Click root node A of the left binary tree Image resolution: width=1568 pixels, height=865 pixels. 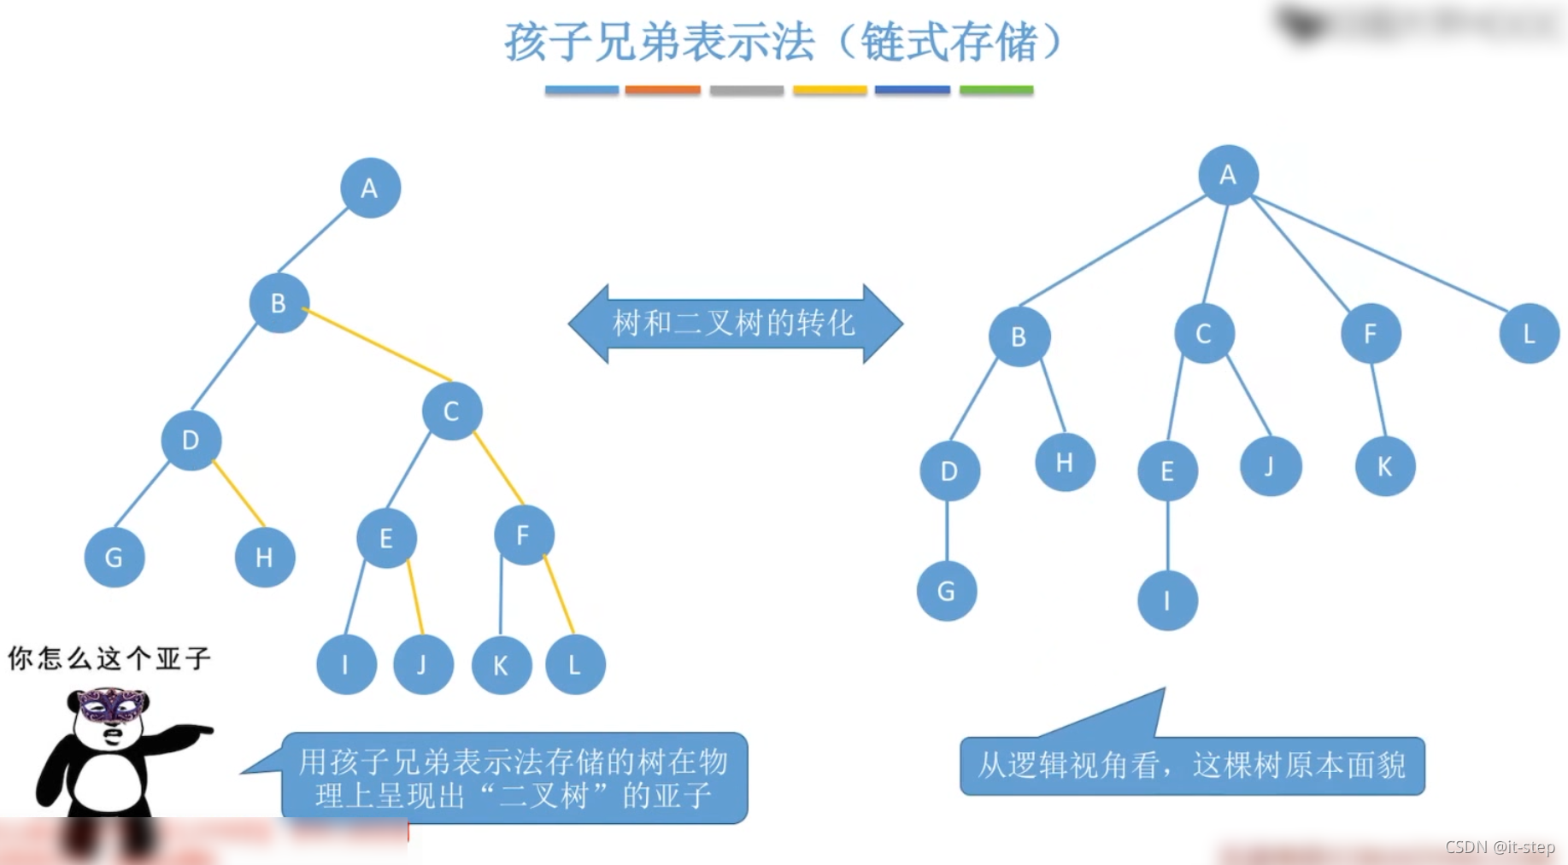point(370,188)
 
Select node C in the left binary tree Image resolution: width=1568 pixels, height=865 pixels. point(452,411)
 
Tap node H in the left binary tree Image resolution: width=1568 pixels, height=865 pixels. point(265,558)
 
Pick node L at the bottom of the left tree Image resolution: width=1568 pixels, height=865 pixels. point(575,664)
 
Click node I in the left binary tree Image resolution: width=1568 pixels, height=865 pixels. point(346,664)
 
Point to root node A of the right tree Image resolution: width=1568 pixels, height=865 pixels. point(1228,175)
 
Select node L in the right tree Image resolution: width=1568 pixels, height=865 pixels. point(1529,333)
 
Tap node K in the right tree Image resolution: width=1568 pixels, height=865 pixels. point(1385,466)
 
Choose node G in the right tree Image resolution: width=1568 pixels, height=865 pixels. point(947,591)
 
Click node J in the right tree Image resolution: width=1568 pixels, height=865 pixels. point(1271,466)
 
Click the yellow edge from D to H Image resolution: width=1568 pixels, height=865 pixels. point(239,494)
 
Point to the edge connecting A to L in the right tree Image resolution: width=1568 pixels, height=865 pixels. point(1379,252)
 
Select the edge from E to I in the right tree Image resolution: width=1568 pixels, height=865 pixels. point(1168,535)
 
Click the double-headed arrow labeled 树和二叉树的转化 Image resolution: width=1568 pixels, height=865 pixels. point(735,324)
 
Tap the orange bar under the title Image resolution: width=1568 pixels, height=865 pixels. point(662,90)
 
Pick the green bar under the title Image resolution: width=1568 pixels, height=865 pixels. point(996,90)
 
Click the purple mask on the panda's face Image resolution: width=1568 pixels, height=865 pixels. point(111,705)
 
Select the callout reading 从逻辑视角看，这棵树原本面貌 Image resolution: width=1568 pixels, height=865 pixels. point(1192,765)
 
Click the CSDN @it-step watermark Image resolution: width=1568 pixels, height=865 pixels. point(1500,847)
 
